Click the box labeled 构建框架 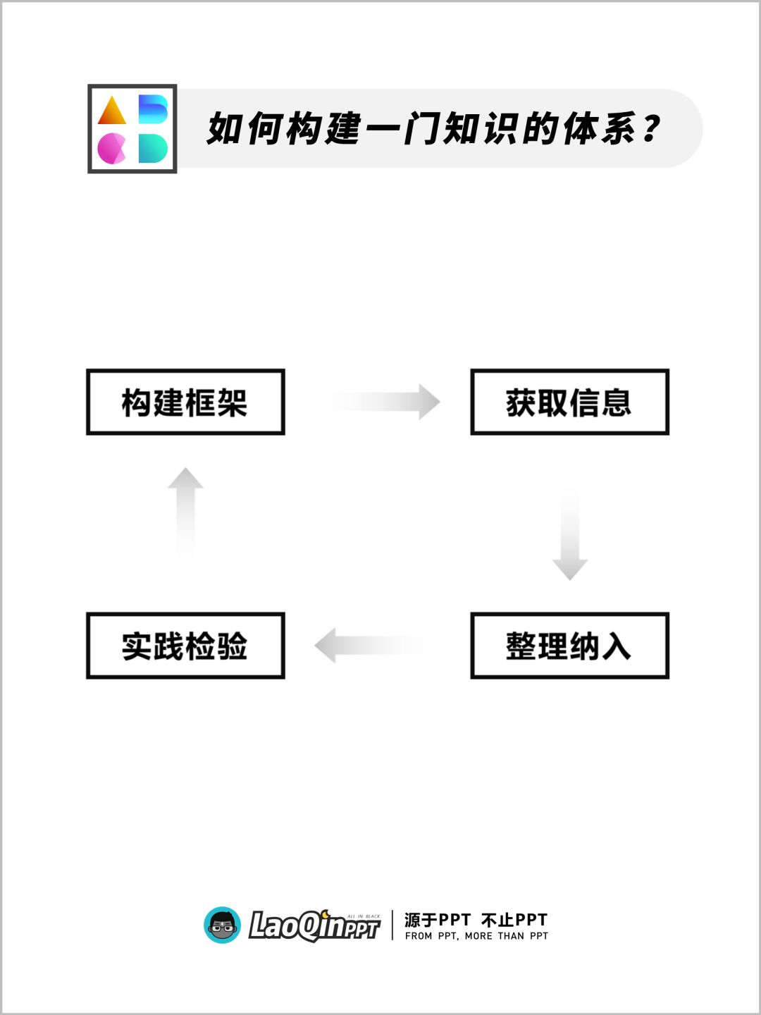point(185,402)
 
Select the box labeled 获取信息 point(569,402)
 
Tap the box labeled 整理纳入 point(569,646)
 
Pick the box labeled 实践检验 point(185,646)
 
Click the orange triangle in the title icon point(112,111)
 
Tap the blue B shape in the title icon point(152,109)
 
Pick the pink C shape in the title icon point(111,149)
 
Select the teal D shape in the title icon point(152,149)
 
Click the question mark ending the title point(652,129)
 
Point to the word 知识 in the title point(485,129)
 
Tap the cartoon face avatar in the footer point(223,925)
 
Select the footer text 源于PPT point(437,920)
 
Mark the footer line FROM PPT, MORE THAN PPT point(476,936)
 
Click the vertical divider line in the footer point(392,925)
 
